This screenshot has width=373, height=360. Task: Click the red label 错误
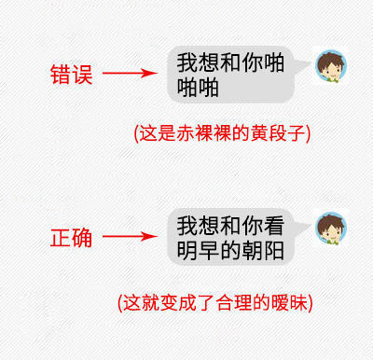(x=71, y=75)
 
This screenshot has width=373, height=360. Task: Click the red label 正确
(x=71, y=239)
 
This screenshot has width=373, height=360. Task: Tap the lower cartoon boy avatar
(x=329, y=230)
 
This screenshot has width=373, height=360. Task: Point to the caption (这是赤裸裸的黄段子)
(x=222, y=132)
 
